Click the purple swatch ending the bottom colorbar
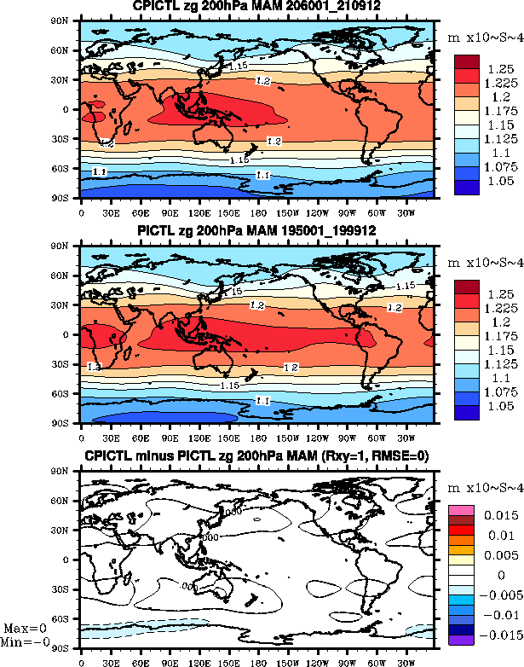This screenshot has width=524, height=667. (x=462, y=638)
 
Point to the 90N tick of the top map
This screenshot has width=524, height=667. (x=70, y=21)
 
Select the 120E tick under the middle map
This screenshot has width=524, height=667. (x=200, y=435)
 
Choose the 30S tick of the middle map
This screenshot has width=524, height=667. (x=69, y=364)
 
